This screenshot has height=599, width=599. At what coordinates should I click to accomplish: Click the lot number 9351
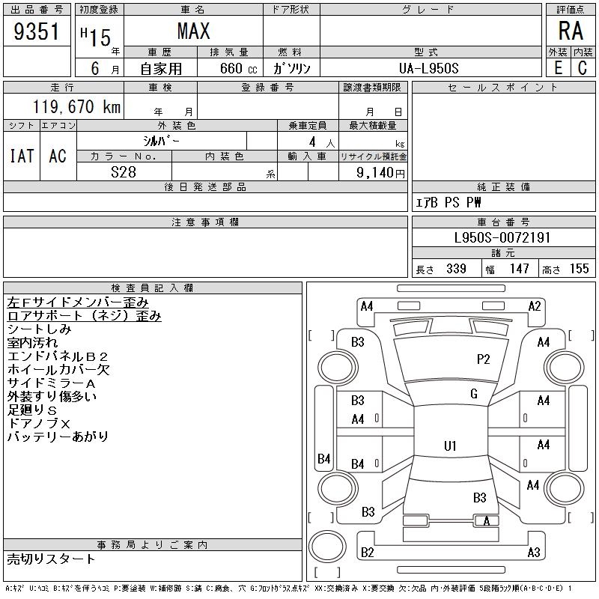37,31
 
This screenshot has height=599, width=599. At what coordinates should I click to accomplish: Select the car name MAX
193,31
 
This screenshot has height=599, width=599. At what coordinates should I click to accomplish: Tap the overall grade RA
571,31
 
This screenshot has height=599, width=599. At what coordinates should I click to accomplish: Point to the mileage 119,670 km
76,107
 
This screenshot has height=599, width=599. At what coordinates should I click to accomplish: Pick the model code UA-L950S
429,68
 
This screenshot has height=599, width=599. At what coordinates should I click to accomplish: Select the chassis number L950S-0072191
502,238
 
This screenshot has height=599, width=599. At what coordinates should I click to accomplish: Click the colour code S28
123,171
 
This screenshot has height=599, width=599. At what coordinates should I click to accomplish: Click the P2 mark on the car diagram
484,359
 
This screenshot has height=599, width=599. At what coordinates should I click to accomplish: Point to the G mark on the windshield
474,394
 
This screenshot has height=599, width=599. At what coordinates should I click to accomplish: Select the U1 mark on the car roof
450,446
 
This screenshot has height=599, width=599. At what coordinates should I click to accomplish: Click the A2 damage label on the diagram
535,305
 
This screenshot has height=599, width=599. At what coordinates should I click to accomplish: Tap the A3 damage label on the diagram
534,553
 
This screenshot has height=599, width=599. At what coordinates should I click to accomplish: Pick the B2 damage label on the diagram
368,553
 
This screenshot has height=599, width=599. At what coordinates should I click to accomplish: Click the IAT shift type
22,156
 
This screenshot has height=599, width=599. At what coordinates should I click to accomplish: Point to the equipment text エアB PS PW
449,203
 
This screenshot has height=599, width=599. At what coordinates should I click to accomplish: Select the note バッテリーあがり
58,437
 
